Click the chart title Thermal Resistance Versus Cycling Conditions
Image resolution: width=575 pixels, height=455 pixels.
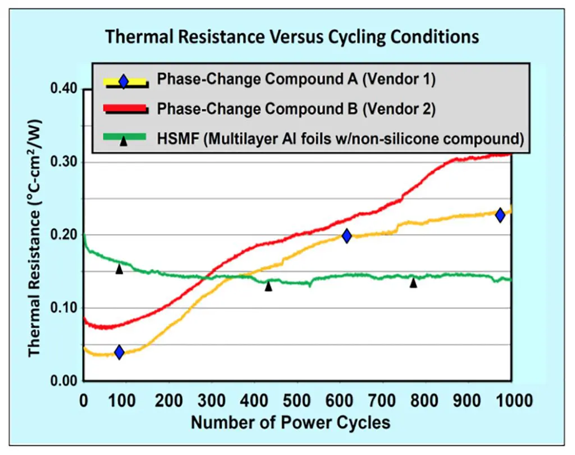(x=292, y=38)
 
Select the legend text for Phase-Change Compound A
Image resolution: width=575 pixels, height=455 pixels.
(x=296, y=80)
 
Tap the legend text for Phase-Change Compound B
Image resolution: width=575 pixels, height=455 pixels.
(x=296, y=110)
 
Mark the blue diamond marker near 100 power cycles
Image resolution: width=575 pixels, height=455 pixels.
(x=119, y=353)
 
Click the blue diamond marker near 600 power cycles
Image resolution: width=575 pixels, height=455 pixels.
(x=346, y=236)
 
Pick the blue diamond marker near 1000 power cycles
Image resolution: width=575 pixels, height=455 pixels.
(x=500, y=215)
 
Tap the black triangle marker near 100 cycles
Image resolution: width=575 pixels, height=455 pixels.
(x=119, y=269)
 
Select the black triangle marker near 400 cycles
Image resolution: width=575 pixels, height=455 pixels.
(x=268, y=286)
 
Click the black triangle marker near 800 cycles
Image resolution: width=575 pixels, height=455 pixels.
(x=413, y=283)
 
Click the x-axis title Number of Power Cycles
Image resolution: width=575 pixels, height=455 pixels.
(x=290, y=422)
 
